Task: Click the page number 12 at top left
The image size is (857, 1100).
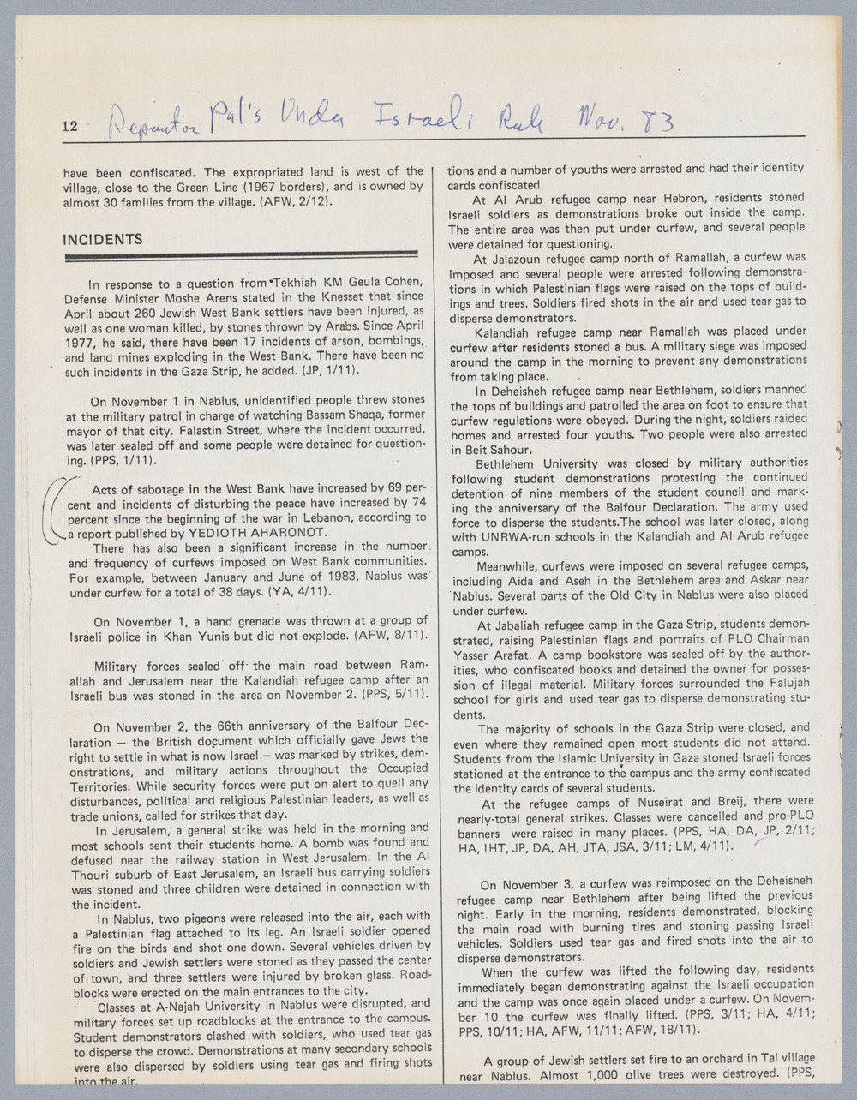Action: [x=69, y=127]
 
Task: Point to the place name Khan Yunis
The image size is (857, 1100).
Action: [x=183, y=635]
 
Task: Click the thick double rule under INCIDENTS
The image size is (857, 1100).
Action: [x=240, y=254]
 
